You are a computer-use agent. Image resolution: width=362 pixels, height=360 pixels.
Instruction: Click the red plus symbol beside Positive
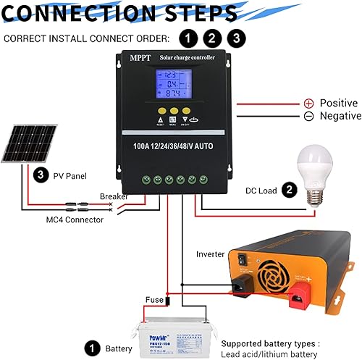pyautogui.click(x=308, y=104)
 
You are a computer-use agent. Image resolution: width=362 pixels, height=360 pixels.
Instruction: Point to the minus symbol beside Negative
pyautogui.click(x=308, y=116)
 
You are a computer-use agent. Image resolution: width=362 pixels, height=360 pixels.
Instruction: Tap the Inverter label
pyautogui.click(x=211, y=254)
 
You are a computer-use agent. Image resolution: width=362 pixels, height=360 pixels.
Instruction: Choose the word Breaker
pyautogui.click(x=114, y=196)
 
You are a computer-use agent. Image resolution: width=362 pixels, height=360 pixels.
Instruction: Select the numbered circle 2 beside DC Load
pyautogui.click(x=289, y=191)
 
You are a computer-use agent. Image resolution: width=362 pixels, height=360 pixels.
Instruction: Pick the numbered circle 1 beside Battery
pyautogui.click(x=92, y=348)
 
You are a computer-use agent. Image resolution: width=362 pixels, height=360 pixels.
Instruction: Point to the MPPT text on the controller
pyautogui.click(x=138, y=58)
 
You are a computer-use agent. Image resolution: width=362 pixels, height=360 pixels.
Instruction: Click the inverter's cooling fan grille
pyautogui.click(x=292, y=265)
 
